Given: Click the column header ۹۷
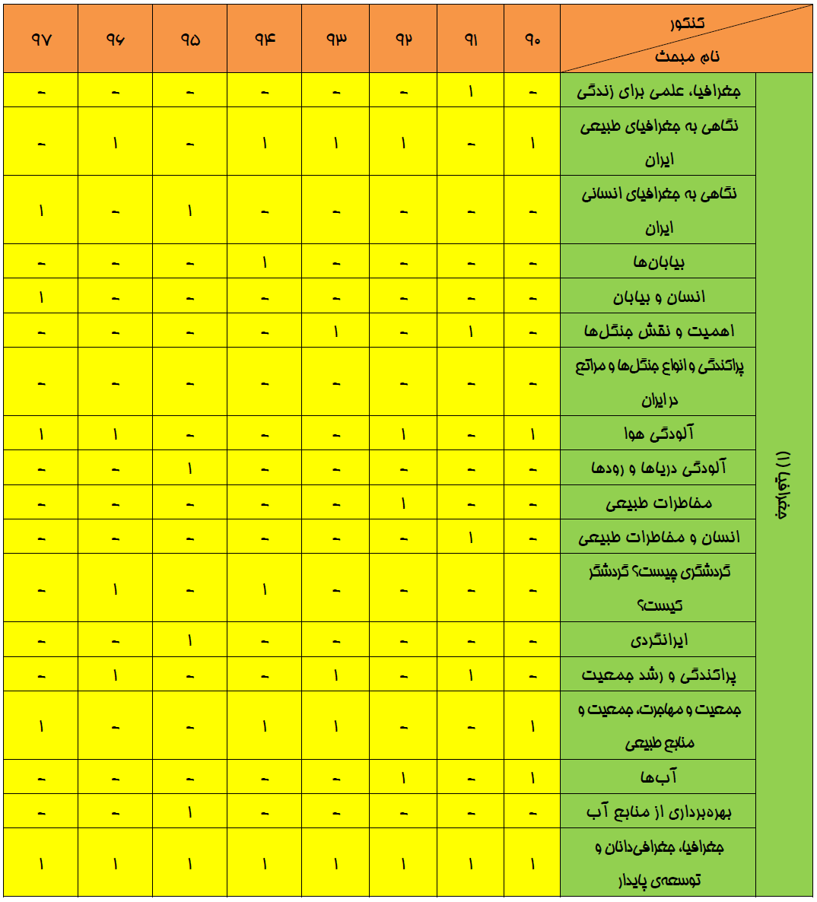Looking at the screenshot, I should click(41, 40).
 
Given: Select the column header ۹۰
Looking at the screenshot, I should click(532, 40).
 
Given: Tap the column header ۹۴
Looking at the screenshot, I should click(265, 40).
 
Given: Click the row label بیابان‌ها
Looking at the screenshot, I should click(659, 262).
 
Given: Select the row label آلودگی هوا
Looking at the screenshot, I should click(659, 434).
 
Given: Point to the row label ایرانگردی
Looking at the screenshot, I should click(659, 640).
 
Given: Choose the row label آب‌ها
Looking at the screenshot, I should click(659, 777).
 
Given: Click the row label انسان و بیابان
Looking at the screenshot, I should click(659, 297).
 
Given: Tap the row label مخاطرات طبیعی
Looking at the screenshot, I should click(659, 503).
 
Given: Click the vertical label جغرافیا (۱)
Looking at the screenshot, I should click(784, 484).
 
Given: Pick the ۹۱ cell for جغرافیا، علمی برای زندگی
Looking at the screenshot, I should click(471, 91).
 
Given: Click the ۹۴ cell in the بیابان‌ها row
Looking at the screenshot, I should click(265, 262).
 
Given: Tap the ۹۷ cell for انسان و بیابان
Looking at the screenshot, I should click(41, 297).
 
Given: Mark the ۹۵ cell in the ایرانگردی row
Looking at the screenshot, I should click(190, 640).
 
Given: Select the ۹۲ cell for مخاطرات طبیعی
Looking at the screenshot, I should click(403, 503).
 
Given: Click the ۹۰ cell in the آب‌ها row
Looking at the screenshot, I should click(532, 777).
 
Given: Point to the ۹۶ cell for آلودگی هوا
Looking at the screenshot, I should click(116, 434).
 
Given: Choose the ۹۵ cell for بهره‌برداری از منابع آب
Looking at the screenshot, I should click(190, 811).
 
